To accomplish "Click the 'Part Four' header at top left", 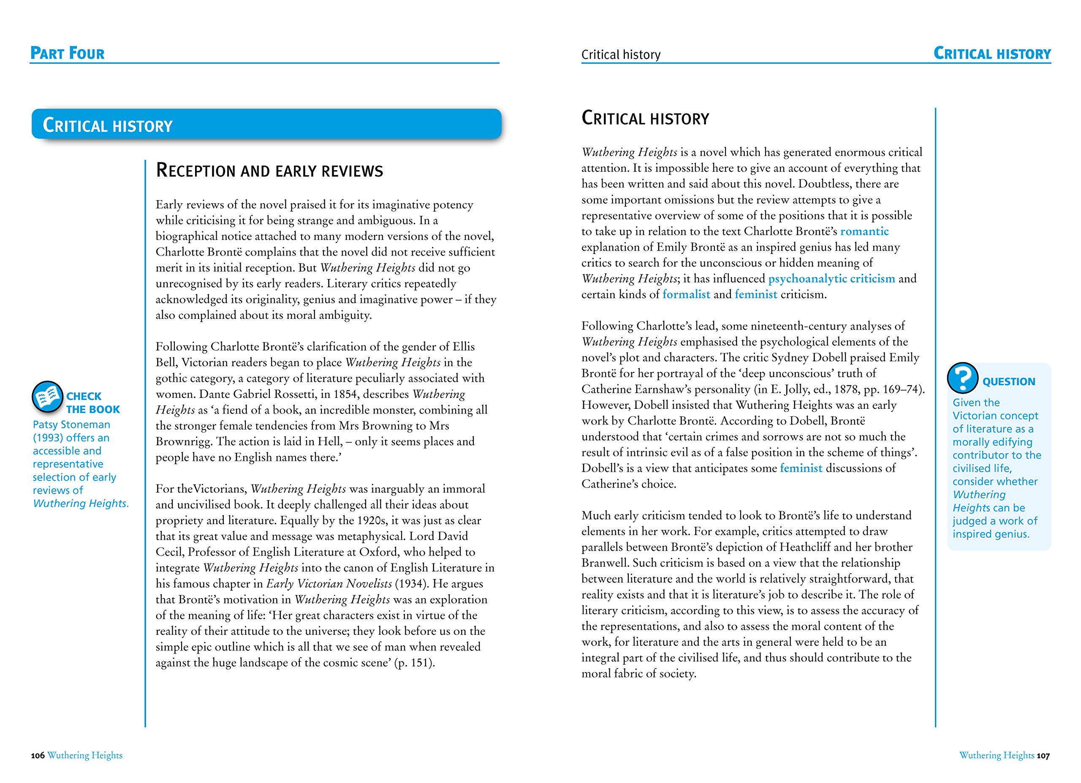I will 67,53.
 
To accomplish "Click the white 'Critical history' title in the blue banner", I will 108,125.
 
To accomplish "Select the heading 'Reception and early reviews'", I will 269,171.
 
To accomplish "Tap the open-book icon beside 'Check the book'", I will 47,397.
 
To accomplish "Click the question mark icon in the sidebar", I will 962,378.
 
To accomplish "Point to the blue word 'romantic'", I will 864,231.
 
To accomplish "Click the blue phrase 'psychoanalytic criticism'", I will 831,278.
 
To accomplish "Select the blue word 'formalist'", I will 686,294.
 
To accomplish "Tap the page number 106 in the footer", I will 38,756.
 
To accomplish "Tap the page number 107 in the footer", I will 1043,756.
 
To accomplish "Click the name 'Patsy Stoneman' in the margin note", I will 71,424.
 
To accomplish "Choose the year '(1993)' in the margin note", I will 48,438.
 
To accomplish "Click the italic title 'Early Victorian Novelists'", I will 329,583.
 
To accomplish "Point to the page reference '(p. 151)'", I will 414,663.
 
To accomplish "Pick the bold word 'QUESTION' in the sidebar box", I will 1008,381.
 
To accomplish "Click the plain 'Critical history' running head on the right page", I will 621,55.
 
